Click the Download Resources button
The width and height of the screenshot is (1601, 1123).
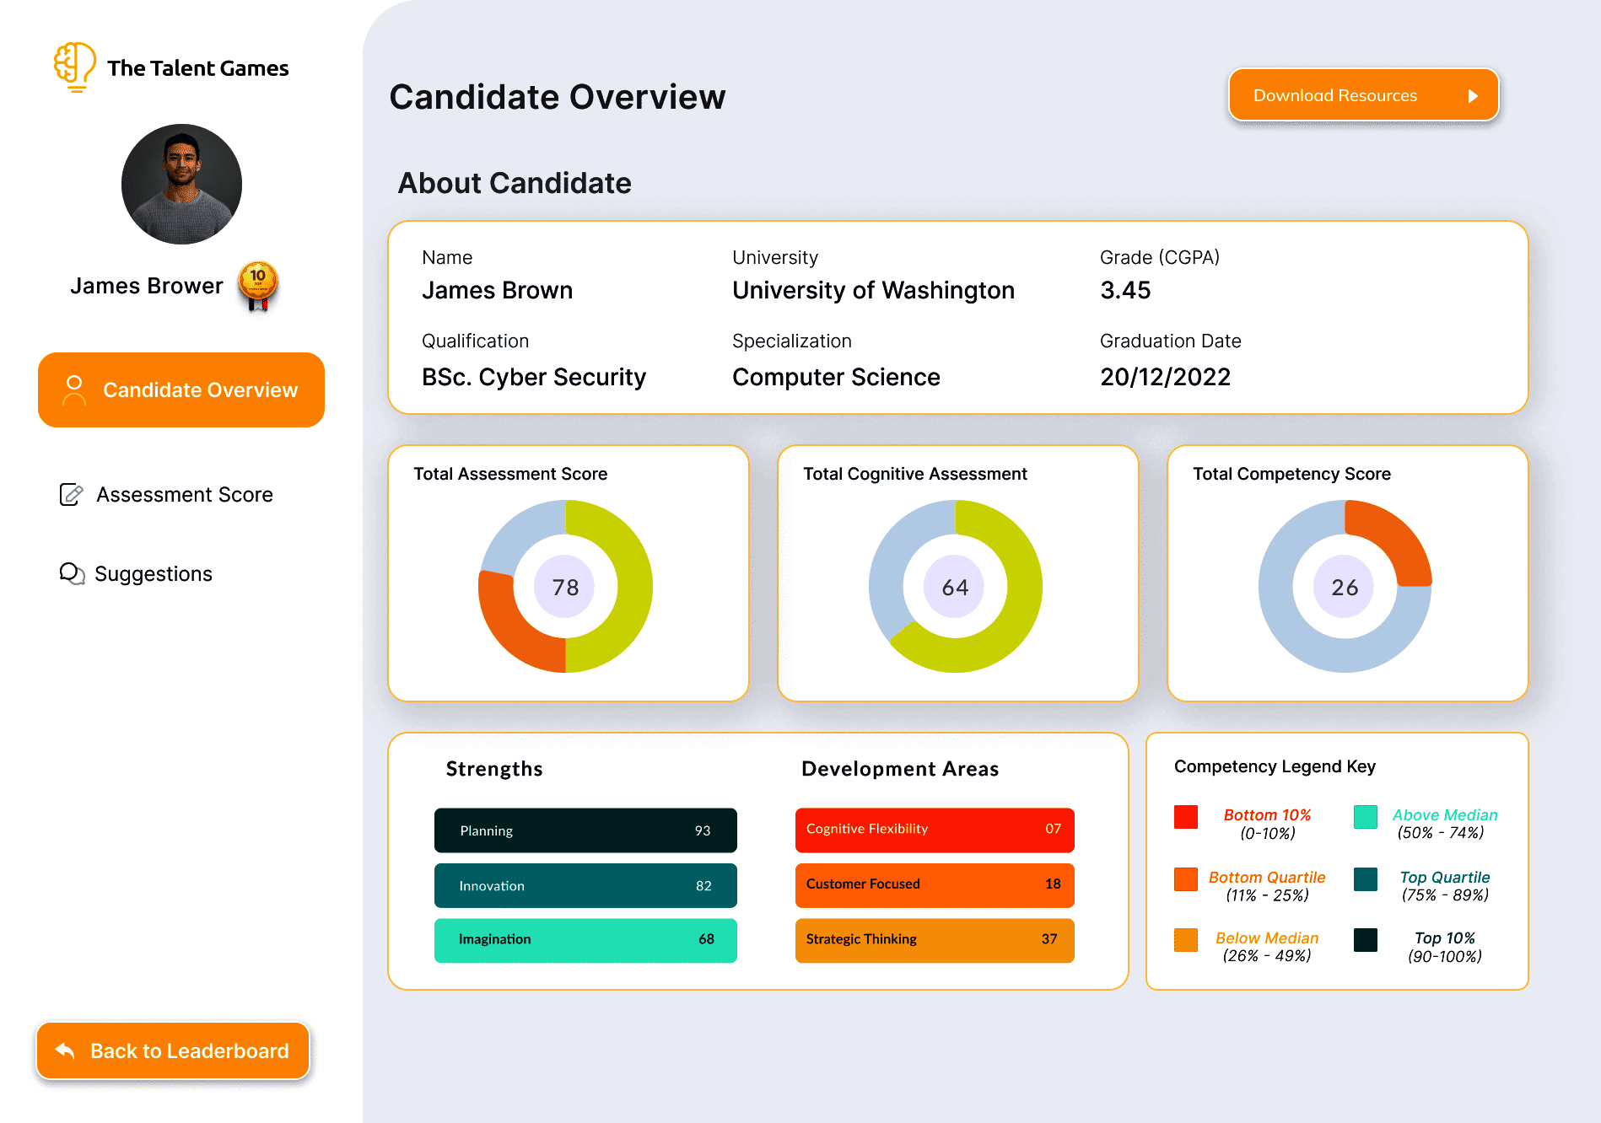click(x=1362, y=95)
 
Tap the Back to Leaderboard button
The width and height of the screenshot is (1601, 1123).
click(x=173, y=1050)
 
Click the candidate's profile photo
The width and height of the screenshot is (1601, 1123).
click(x=181, y=184)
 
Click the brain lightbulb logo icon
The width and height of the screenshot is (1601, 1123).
click(x=74, y=66)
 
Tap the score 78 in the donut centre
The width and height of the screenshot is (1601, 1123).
click(x=565, y=587)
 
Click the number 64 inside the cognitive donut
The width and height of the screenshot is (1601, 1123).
click(x=955, y=587)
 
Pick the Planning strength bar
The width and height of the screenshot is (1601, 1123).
click(x=585, y=830)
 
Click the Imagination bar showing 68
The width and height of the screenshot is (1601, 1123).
click(x=585, y=939)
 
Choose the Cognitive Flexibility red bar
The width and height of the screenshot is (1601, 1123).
click(x=934, y=830)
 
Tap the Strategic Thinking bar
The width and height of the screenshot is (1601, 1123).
click(x=934, y=939)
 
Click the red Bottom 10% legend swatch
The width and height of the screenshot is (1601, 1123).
click(x=1185, y=816)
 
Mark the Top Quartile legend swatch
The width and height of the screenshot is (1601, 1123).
click(x=1365, y=879)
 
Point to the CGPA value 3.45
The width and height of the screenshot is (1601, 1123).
click(x=1125, y=291)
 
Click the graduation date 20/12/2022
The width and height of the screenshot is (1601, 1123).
click(x=1165, y=377)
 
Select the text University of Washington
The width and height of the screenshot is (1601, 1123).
click(x=873, y=291)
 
